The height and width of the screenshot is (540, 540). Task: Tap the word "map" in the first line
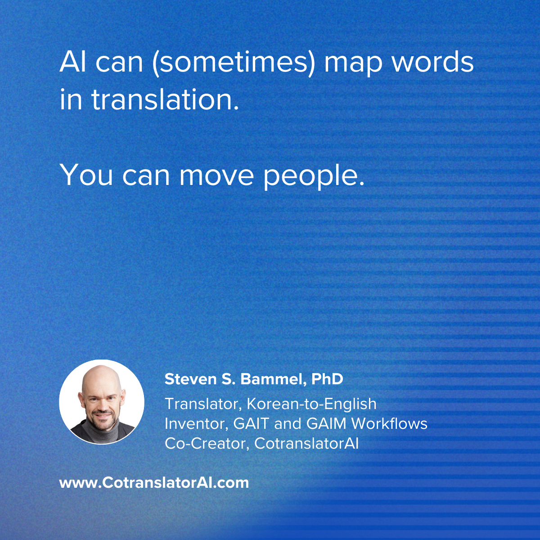(353, 65)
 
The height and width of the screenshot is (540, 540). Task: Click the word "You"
(86, 175)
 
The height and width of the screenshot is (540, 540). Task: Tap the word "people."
(314, 176)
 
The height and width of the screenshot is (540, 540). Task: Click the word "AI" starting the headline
(72, 62)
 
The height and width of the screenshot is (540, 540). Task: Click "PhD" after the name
(327, 379)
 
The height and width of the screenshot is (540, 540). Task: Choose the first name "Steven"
(190, 379)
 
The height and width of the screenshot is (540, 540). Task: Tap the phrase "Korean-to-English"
(311, 404)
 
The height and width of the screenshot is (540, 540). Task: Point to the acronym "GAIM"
(326, 424)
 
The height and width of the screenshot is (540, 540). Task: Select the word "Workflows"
(389, 423)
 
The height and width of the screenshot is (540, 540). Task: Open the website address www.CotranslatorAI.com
(154, 483)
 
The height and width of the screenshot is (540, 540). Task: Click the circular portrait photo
(102, 402)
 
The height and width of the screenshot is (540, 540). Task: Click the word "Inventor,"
(196, 424)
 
